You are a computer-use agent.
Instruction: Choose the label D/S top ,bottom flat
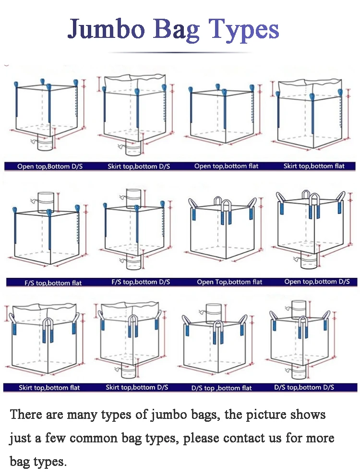(221, 388)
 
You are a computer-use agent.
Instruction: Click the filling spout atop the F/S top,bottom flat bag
(47, 200)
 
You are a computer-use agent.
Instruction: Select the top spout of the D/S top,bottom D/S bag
(299, 308)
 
